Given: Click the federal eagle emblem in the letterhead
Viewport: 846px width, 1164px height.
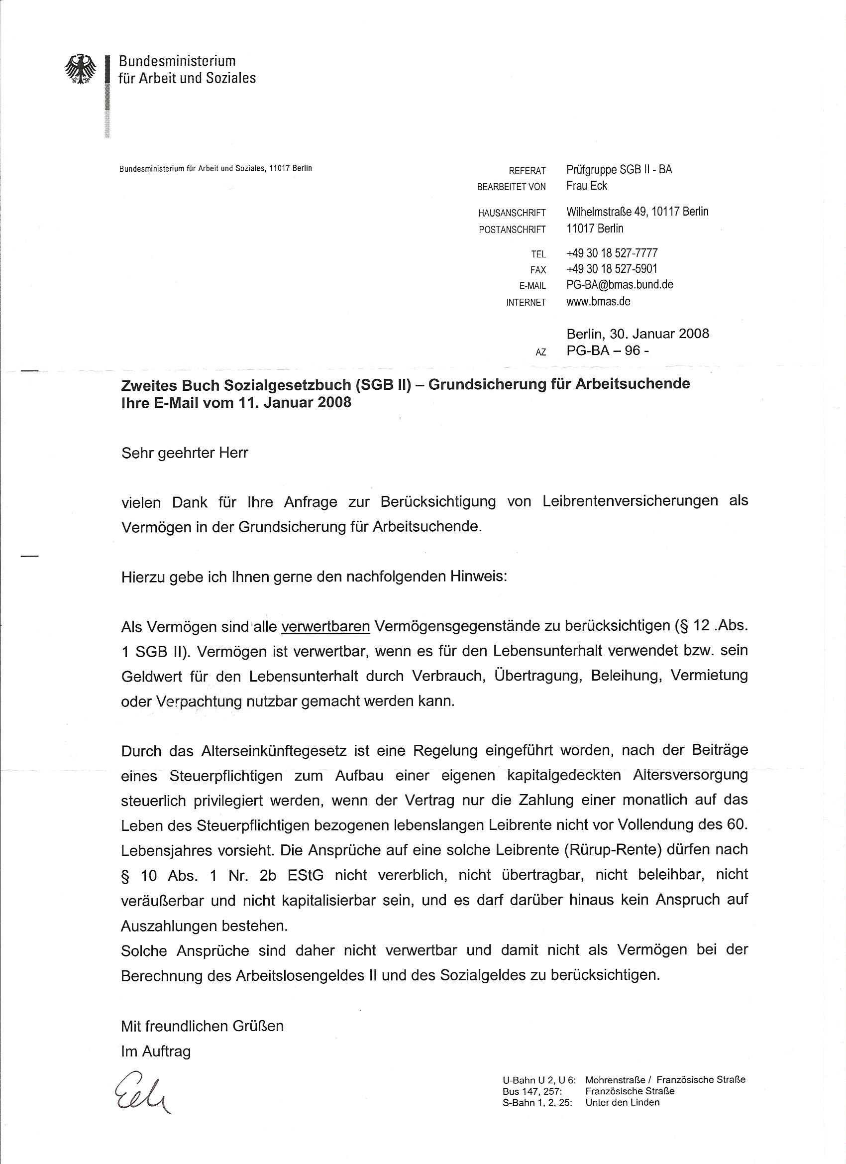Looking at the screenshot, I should click(81, 69).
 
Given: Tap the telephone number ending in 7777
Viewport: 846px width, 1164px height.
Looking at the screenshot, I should click(612, 253).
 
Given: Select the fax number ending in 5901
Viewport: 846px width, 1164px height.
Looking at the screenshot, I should click(612, 268).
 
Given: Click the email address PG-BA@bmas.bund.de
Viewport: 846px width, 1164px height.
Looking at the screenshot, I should click(620, 284).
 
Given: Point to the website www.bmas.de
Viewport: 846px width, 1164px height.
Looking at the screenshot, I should click(598, 301).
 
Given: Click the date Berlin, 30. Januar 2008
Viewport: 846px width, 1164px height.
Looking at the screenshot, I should click(637, 334).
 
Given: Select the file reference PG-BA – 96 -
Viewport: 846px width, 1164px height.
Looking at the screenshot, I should click(609, 350).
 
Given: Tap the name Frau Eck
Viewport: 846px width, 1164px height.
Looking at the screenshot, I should click(586, 186).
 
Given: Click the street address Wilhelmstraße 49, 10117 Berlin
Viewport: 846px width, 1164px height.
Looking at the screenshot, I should click(637, 212).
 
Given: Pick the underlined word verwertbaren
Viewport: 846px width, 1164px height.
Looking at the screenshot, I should click(326, 626).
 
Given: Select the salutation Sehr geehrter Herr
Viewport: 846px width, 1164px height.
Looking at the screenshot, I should click(185, 453).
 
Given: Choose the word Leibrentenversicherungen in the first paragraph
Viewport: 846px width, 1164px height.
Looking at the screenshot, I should click(630, 501).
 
